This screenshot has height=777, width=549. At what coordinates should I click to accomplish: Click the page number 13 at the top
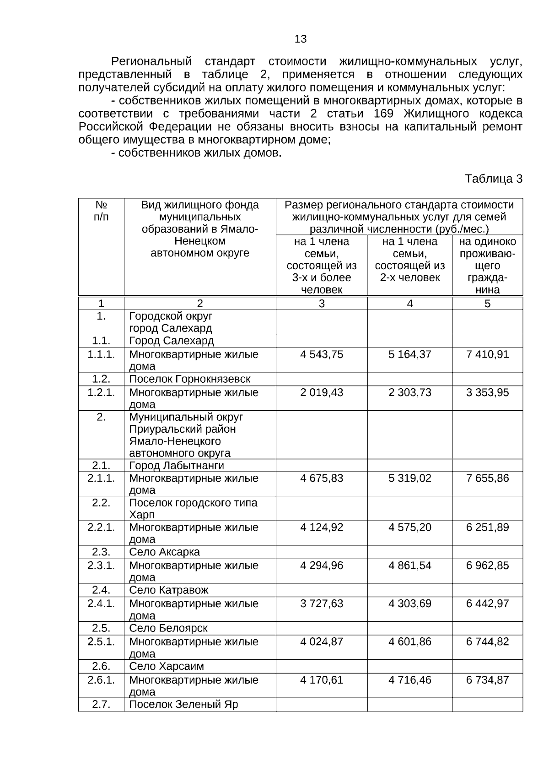301,39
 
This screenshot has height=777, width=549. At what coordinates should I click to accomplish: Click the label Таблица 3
493,179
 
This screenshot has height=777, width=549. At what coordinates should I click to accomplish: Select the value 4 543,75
321,354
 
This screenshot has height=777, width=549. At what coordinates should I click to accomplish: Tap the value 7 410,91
487,354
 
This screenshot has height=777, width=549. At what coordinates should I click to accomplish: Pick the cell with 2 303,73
409,392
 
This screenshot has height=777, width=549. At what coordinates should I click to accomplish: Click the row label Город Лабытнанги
177,466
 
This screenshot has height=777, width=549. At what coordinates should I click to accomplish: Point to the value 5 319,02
409,478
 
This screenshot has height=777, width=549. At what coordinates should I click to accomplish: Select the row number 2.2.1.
101,527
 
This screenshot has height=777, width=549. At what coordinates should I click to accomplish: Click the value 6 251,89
487,527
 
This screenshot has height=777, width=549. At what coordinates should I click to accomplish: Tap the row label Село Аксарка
164,552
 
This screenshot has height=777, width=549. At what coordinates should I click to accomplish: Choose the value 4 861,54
409,565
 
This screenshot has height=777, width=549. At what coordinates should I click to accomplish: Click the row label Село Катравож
168,590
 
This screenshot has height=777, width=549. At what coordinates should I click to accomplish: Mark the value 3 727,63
321,603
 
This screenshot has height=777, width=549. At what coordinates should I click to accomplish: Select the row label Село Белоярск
168,628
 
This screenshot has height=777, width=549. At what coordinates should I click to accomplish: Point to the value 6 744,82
487,642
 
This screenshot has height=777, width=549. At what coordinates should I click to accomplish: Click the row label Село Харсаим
167,666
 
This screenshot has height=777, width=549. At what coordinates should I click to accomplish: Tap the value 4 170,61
321,680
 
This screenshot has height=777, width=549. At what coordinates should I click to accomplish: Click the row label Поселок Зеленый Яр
183,704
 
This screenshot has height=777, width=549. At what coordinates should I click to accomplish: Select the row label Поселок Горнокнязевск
190,379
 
